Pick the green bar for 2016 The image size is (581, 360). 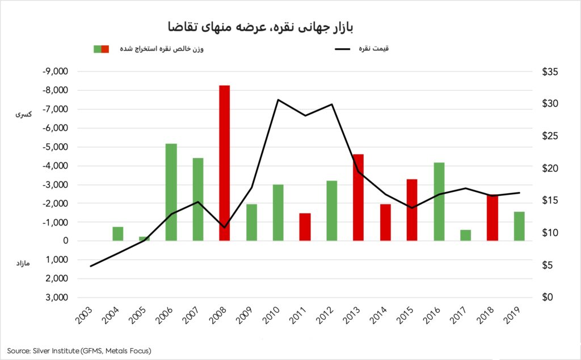438,202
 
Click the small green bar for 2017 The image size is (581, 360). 465,235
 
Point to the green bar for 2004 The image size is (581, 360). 117,234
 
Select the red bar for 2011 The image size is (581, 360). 305,227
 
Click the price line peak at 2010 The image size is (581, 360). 278,100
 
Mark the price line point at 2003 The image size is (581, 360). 91,266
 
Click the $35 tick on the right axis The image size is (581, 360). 550,72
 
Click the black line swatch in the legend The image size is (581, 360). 343,49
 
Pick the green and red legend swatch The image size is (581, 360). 101,49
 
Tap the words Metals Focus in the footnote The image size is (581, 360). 128,351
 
